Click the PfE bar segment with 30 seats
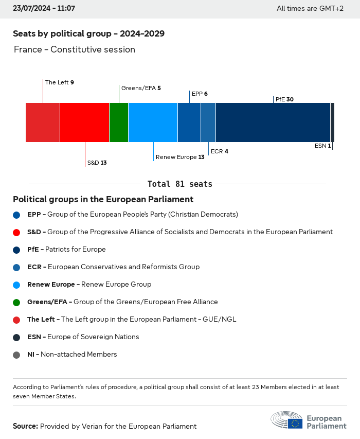pyautogui.click(x=273, y=122)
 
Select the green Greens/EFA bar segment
pyautogui.click(x=119, y=122)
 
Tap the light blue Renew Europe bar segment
pyautogui.click(x=153, y=122)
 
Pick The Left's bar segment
pyautogui.click(x=43, y=122)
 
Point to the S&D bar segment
pyautogui.click(x=84, y=122)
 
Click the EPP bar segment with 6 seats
pyautogui.click(x=189, y=122)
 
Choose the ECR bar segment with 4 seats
pyautogui.click(x=208, y=122)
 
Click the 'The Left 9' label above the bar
pyautogui.click(x=60, y=82)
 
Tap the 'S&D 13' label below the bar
pyautogui.click(x=97, y=163)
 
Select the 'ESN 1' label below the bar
pyautogui.click(x=322, y=146)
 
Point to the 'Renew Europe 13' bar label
pyautogui.click(x=180, y=157)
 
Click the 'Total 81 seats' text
pyautogui.click(x=179, y=184)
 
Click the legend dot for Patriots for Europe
pyautogui.click(x=17, y=250)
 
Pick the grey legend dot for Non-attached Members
pyautogui.click(x=17, y=355)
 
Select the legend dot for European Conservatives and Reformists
pyautogui.click(x=17, y=267)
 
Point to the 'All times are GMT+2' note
pyautogui.click(x=310, y=8)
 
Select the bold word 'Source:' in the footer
pyautogui.click(x=25, y=426)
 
